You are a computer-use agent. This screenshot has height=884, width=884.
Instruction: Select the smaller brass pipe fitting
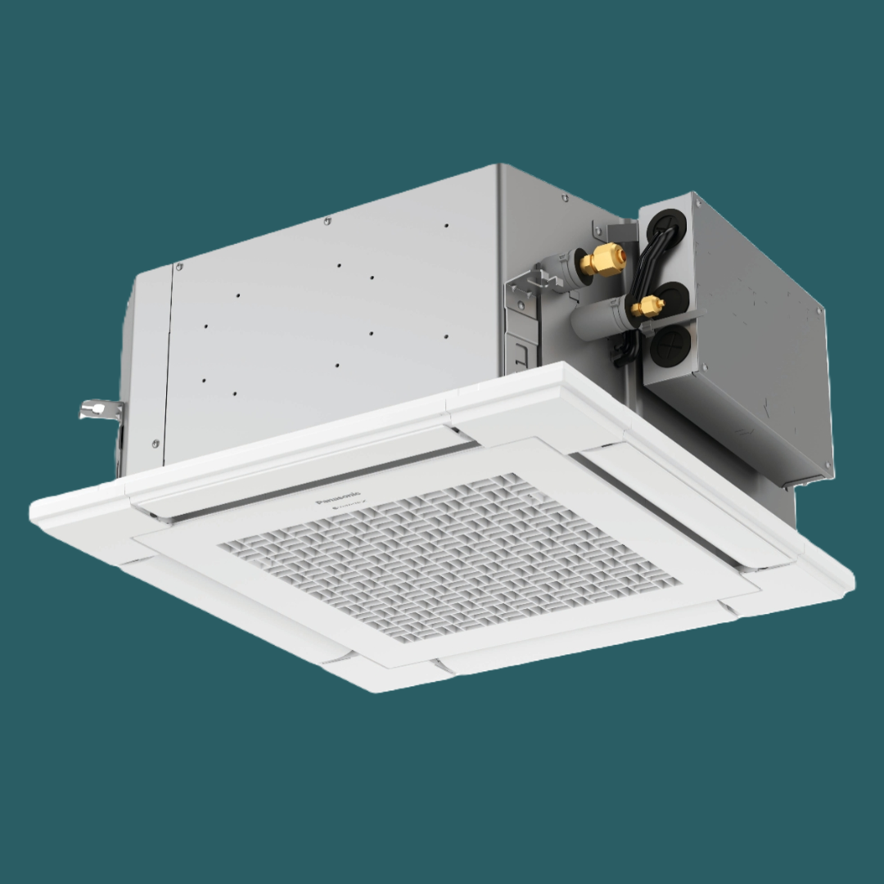647,307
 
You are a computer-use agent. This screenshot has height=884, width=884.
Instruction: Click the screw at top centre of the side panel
327,221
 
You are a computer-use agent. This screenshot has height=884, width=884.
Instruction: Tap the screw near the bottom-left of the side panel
156,443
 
